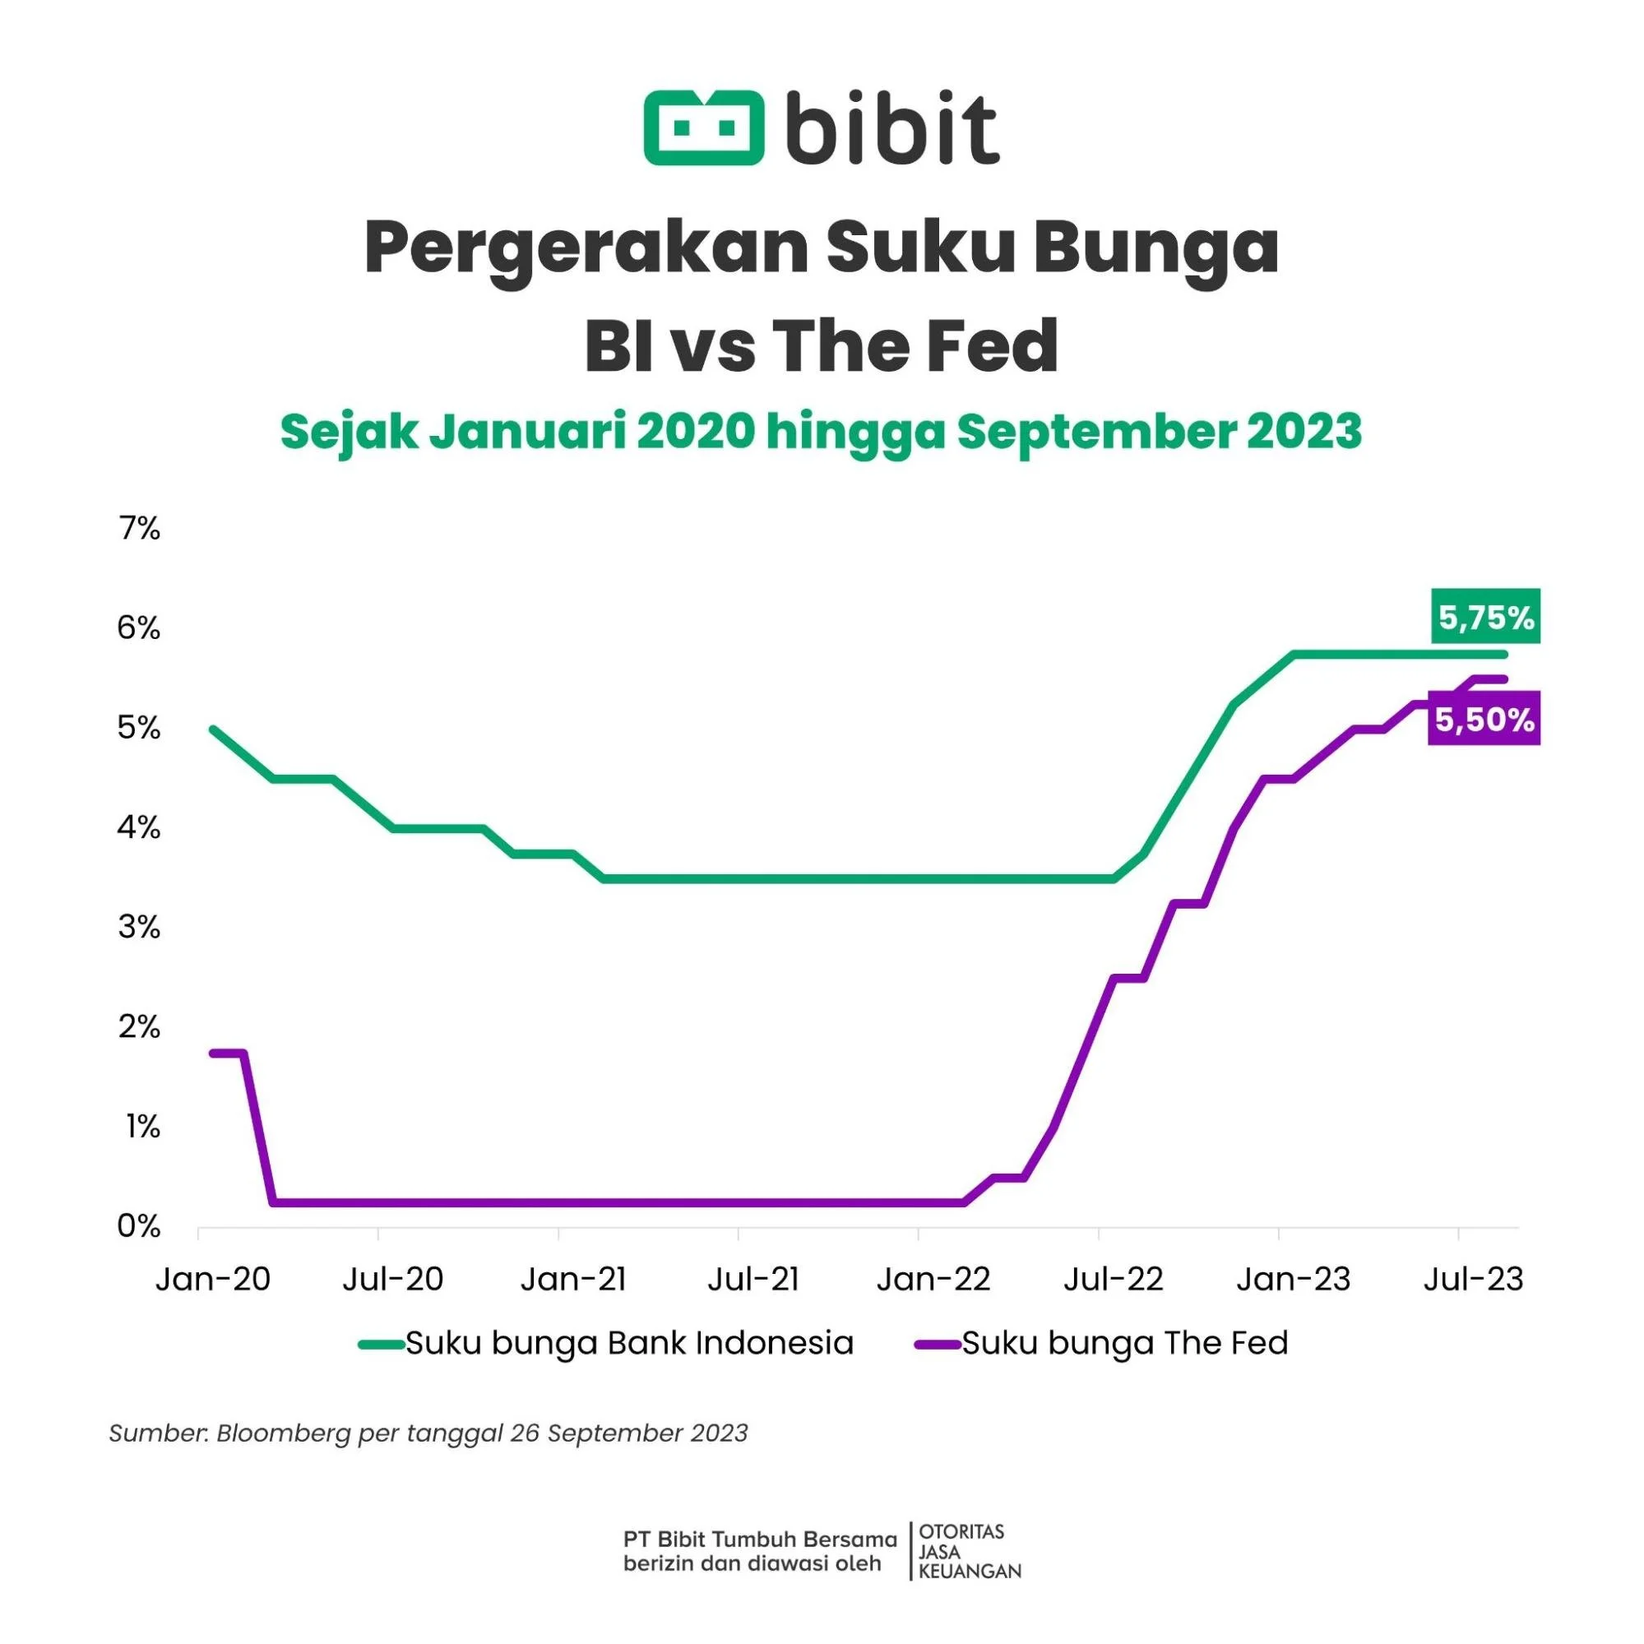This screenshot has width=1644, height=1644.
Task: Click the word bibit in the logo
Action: point(891,129)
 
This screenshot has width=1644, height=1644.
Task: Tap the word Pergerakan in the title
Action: point(586,248)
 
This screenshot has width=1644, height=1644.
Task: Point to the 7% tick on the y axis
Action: point(140,530)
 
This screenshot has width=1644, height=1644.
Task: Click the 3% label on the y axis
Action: point(140,927)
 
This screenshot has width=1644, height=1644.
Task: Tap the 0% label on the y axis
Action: point(140,1226)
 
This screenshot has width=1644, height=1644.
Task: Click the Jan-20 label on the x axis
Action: point(213,1280)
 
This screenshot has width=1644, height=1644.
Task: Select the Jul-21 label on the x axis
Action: point(754,1280)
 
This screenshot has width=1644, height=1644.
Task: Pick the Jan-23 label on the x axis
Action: point(1294,1280)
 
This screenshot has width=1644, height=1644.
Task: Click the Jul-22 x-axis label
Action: point(1113,1280)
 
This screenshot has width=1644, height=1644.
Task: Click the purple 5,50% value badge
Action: point(1485,720)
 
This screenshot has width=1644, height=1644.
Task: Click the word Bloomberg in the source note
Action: point(284,1433)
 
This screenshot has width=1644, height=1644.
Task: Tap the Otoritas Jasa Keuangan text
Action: point(968,1551)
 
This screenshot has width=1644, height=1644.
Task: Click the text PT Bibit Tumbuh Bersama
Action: point(760,1540)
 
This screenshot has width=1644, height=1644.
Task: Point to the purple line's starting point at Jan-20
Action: point(213,1054)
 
